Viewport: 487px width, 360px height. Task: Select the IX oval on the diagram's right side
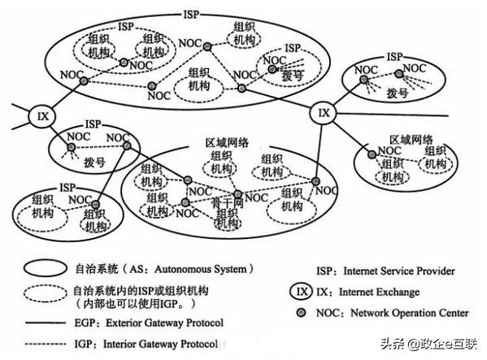click(x=324, y=112)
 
